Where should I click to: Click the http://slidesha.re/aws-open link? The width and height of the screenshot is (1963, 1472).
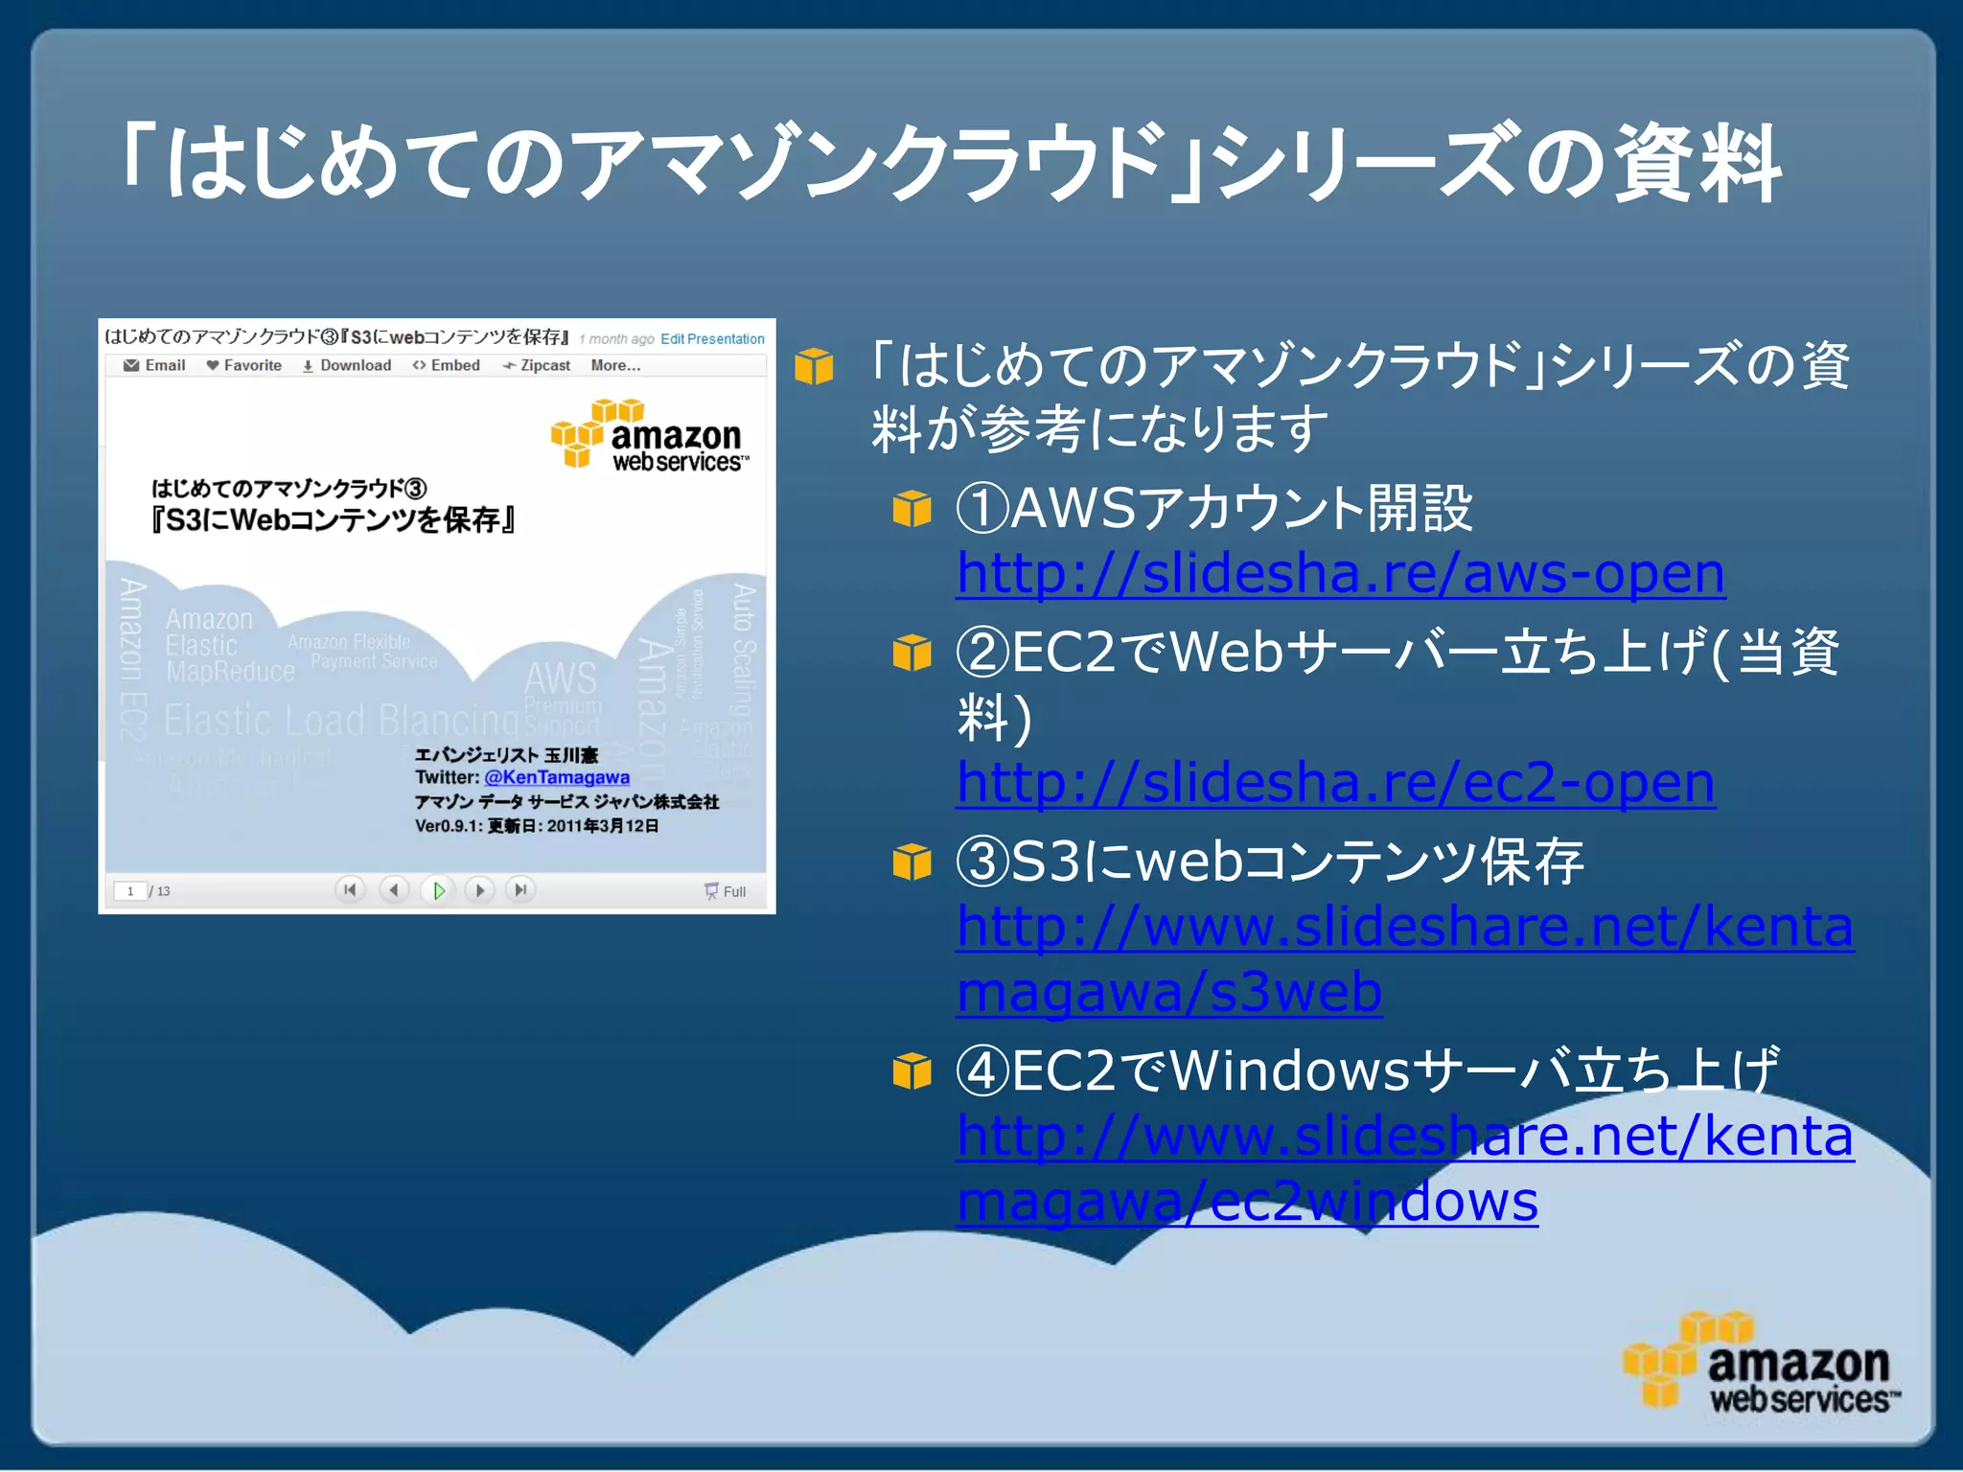point(1340,574)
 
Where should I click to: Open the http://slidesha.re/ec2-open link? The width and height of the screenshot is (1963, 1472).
point(1335,783)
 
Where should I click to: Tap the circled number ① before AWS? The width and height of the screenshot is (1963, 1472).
point(982,508)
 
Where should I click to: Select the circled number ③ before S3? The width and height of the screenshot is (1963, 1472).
point(982,862)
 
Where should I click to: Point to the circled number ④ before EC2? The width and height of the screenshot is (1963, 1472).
point(982,1070)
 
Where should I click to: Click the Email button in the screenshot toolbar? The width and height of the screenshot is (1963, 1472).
point(155,365)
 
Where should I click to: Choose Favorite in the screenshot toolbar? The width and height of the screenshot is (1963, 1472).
point(244,365)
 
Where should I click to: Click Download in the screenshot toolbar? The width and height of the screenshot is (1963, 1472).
point(347,365)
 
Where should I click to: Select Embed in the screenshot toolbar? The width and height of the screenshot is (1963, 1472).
point(447,365)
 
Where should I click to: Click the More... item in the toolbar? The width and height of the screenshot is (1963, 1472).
point(615,365)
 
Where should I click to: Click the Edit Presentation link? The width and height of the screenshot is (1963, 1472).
point(712,339)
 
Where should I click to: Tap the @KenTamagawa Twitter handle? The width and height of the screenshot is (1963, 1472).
point(557,777)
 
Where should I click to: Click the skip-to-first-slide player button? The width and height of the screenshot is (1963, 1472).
point(350,890)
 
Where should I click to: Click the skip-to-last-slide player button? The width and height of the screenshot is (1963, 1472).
point(520,890)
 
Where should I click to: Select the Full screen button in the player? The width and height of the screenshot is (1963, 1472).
point(726,891)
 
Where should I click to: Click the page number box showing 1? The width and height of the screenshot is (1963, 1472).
point(130,891)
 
